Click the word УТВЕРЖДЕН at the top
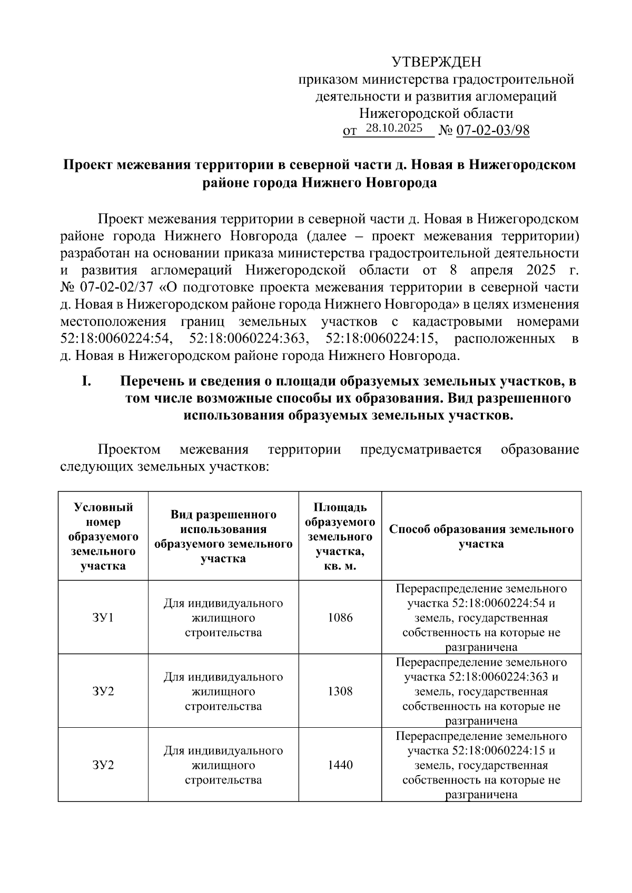coord(437,63)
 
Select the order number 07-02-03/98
coord(492,131)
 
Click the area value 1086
coord(340,617)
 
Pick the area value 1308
coord(340,691)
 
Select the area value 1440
coord(340,765)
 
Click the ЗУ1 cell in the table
coord(103,617)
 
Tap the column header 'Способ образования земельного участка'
coord(481,536)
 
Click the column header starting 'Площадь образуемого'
coord(340,536)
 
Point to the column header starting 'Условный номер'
coord(103,536)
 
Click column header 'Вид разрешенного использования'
coord(223,536)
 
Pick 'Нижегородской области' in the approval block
coord(436,113)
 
